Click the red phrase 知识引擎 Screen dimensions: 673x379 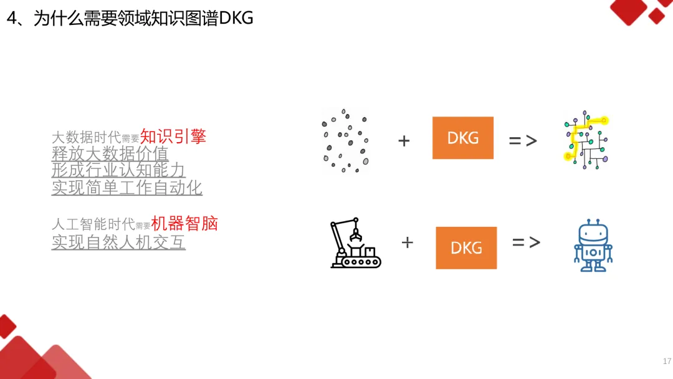point(173,137)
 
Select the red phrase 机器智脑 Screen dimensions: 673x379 point(184,224)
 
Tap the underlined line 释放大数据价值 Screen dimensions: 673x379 point(110,153)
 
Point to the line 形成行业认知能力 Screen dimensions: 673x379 point(118,170)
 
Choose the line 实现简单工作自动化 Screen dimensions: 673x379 point(126,187)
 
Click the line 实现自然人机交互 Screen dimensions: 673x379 point(118,242)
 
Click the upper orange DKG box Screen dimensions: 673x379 point(463,138)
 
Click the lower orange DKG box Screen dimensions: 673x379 point(466,247)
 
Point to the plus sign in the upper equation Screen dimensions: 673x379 point(404,141)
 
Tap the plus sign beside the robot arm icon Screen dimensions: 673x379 point(407,242)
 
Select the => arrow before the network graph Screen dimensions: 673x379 point(522,141)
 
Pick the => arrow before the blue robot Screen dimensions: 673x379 point(526,242)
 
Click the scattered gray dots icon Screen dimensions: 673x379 point(345,141)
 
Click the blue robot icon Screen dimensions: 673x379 point(593,245)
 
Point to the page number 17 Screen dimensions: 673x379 point(667,362)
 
